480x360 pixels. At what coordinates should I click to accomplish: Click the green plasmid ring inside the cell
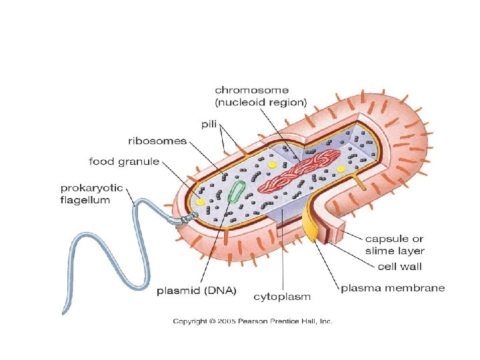236,191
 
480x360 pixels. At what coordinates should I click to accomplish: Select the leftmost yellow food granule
200,201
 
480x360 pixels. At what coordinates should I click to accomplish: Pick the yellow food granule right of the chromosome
341,169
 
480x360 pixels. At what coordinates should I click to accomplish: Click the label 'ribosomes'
157,141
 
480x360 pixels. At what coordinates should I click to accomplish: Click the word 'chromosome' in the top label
252,90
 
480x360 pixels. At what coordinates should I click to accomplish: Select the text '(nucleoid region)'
261,103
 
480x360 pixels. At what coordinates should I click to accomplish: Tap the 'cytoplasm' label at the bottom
283,295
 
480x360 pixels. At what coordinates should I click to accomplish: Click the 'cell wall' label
400,267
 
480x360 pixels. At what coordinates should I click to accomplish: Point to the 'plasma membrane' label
393,288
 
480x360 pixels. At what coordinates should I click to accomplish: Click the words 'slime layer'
395,251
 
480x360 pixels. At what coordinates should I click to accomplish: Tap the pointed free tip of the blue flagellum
64,312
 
